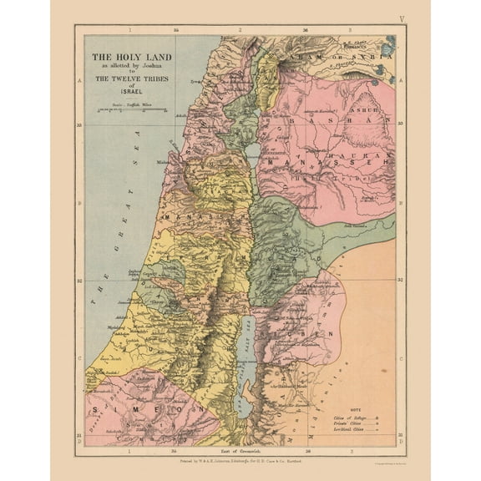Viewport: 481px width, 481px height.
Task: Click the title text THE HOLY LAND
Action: click(133, 58)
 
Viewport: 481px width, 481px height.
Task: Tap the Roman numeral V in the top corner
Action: click(402, 18)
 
